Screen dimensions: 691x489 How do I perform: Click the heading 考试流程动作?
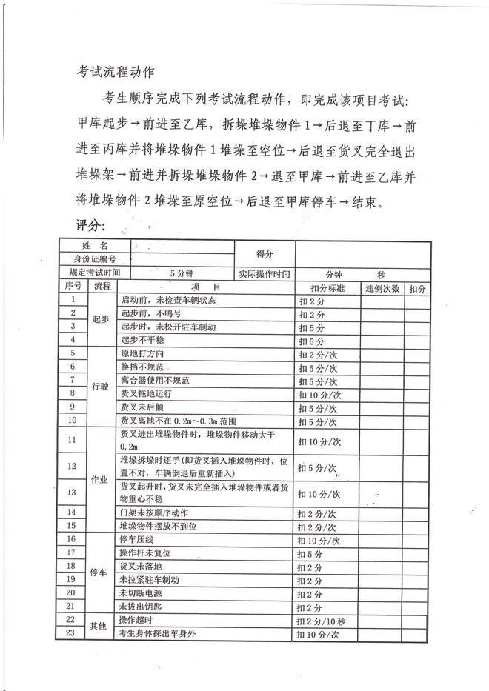pyautogui.click(x=115, y=72)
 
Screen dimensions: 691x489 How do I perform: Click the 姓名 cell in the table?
pyautogui.click(x=95, y=245)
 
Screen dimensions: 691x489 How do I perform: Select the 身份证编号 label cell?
pyautogui.click(x=95, y=258)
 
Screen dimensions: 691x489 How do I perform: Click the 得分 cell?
pyautogui.click(x=265, y=253)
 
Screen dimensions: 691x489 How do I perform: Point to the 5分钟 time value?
pyautogui.click(x=182, y=273)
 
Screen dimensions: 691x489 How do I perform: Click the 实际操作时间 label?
pyautogui.click(x=265, y=273)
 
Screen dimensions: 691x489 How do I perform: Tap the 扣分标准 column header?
pyautogui.click(x=327, y=287)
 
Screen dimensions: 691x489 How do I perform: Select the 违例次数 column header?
pyautogui.click(x=382, y=287)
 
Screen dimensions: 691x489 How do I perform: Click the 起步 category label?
pyautogui.click(x=101, y=320)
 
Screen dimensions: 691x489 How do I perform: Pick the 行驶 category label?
pyautogui.click(x=101, y=387)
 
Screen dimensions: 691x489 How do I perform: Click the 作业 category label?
pyautogui.click(x=101, y=480)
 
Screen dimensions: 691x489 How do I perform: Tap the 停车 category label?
pyautogui.click(x=101, y=572)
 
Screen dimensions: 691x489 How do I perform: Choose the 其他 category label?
pyautogui.click(x=101, y=626)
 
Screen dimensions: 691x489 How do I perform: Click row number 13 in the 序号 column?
pyautogui.click(x=72, y=492)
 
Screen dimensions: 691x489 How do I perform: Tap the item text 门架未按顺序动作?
pyautogui.click(x=153, y=513)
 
